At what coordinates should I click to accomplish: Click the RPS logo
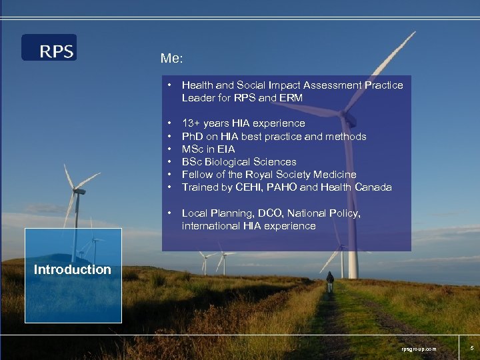click(x=49, y=47)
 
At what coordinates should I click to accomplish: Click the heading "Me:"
click(x=172, y=58)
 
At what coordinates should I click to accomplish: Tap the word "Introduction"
click(x=72, y=270)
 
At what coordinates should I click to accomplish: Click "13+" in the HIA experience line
click(x=193, y=123)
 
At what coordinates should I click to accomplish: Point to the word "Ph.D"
click(x=193, y=137)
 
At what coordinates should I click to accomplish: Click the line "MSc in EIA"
click(x=208, y=149)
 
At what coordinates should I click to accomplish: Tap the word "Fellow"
click(x=198, y=175)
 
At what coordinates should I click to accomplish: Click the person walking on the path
click(x=329, y=281)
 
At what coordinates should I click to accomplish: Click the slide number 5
click(x=471, y=347)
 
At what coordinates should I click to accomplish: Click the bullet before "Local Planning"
click(x=171, y=213)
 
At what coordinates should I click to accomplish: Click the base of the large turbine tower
click(x=352, y=275)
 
